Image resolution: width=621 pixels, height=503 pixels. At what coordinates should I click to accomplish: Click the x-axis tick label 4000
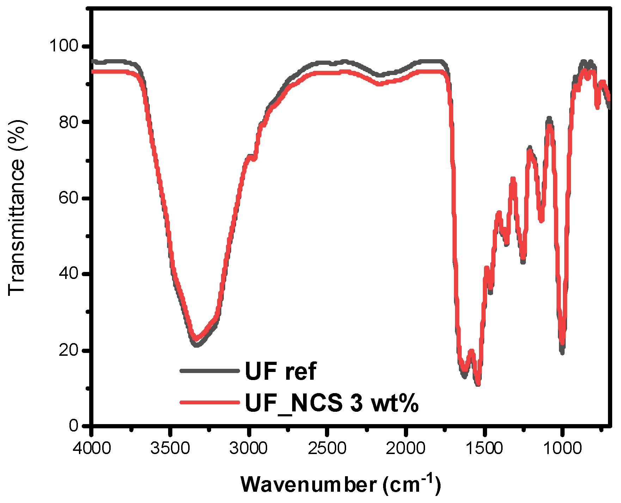click(92, 448)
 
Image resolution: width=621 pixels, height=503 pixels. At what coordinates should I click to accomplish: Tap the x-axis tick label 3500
click(170, 448)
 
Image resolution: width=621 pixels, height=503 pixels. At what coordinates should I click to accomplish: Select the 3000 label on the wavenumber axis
click(248, 448)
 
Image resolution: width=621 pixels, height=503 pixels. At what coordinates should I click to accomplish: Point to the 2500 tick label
click(327, 448)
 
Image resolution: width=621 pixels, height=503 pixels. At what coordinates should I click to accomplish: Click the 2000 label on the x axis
click(405, 448)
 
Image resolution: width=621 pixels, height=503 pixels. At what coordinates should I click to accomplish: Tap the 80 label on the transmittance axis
click(69, 122)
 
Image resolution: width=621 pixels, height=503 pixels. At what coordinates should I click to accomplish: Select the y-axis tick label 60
click(69, 198)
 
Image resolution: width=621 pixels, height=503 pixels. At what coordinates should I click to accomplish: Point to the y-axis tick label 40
click(69, 274)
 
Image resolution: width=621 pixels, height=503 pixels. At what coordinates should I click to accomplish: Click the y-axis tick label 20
click(69, 350)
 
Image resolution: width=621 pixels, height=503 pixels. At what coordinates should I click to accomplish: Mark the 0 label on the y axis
click(74, 426)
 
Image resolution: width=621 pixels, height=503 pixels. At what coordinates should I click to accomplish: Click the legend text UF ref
click(281, 371)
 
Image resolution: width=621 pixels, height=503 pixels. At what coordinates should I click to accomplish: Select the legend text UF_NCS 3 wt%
click(331, 402)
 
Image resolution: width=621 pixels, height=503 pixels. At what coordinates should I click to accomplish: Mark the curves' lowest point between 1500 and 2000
click(478, 383)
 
